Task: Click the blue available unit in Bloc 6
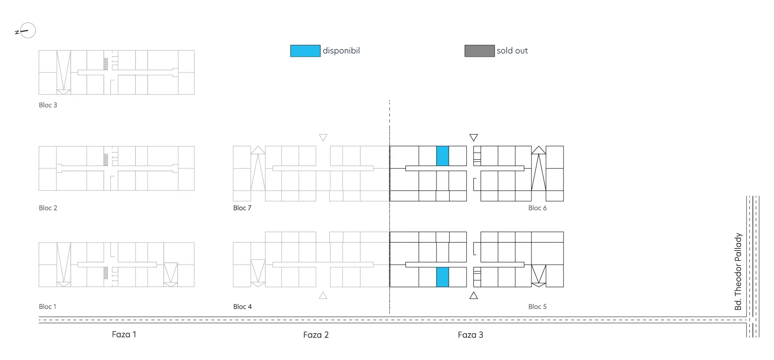pyautogui.click(x=442, y=156)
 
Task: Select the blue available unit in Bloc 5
pyautogui.click(x=442, y=277)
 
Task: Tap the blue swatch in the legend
pyautogui.click(x=305, y=51)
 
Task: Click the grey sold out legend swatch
pyautogui.click(x=479, y=51)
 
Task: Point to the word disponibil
pyautogui.click(x=341, y=51)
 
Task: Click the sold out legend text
pyautogui.click(x=512, y=51)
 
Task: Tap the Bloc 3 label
pyautogui.click(x=48, y=105)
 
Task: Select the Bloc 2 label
pyautogui.click(x=48, y=208)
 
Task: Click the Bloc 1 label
pyautogui.click(x=47, y=306)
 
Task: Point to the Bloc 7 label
pyautogui.click(x=242, y=208)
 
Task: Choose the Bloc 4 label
pyautogui.click(x=242, y=306)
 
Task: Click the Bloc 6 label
pyautogui.click(x=537, y=208)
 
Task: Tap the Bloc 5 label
pyautogui.click(x=537, y=306)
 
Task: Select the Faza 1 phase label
pyautogui.click(x=124, y=334)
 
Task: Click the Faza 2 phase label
pyautogui.click(x=316, y=335)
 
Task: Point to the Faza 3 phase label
pyautogui.click(x=470, y=335)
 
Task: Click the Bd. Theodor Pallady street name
pyautogui.click(x=738, y=271)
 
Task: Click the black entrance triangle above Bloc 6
pyautogui.click(x=473, y=137)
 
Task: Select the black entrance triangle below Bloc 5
pyautogui.click(x=473, y=296)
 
